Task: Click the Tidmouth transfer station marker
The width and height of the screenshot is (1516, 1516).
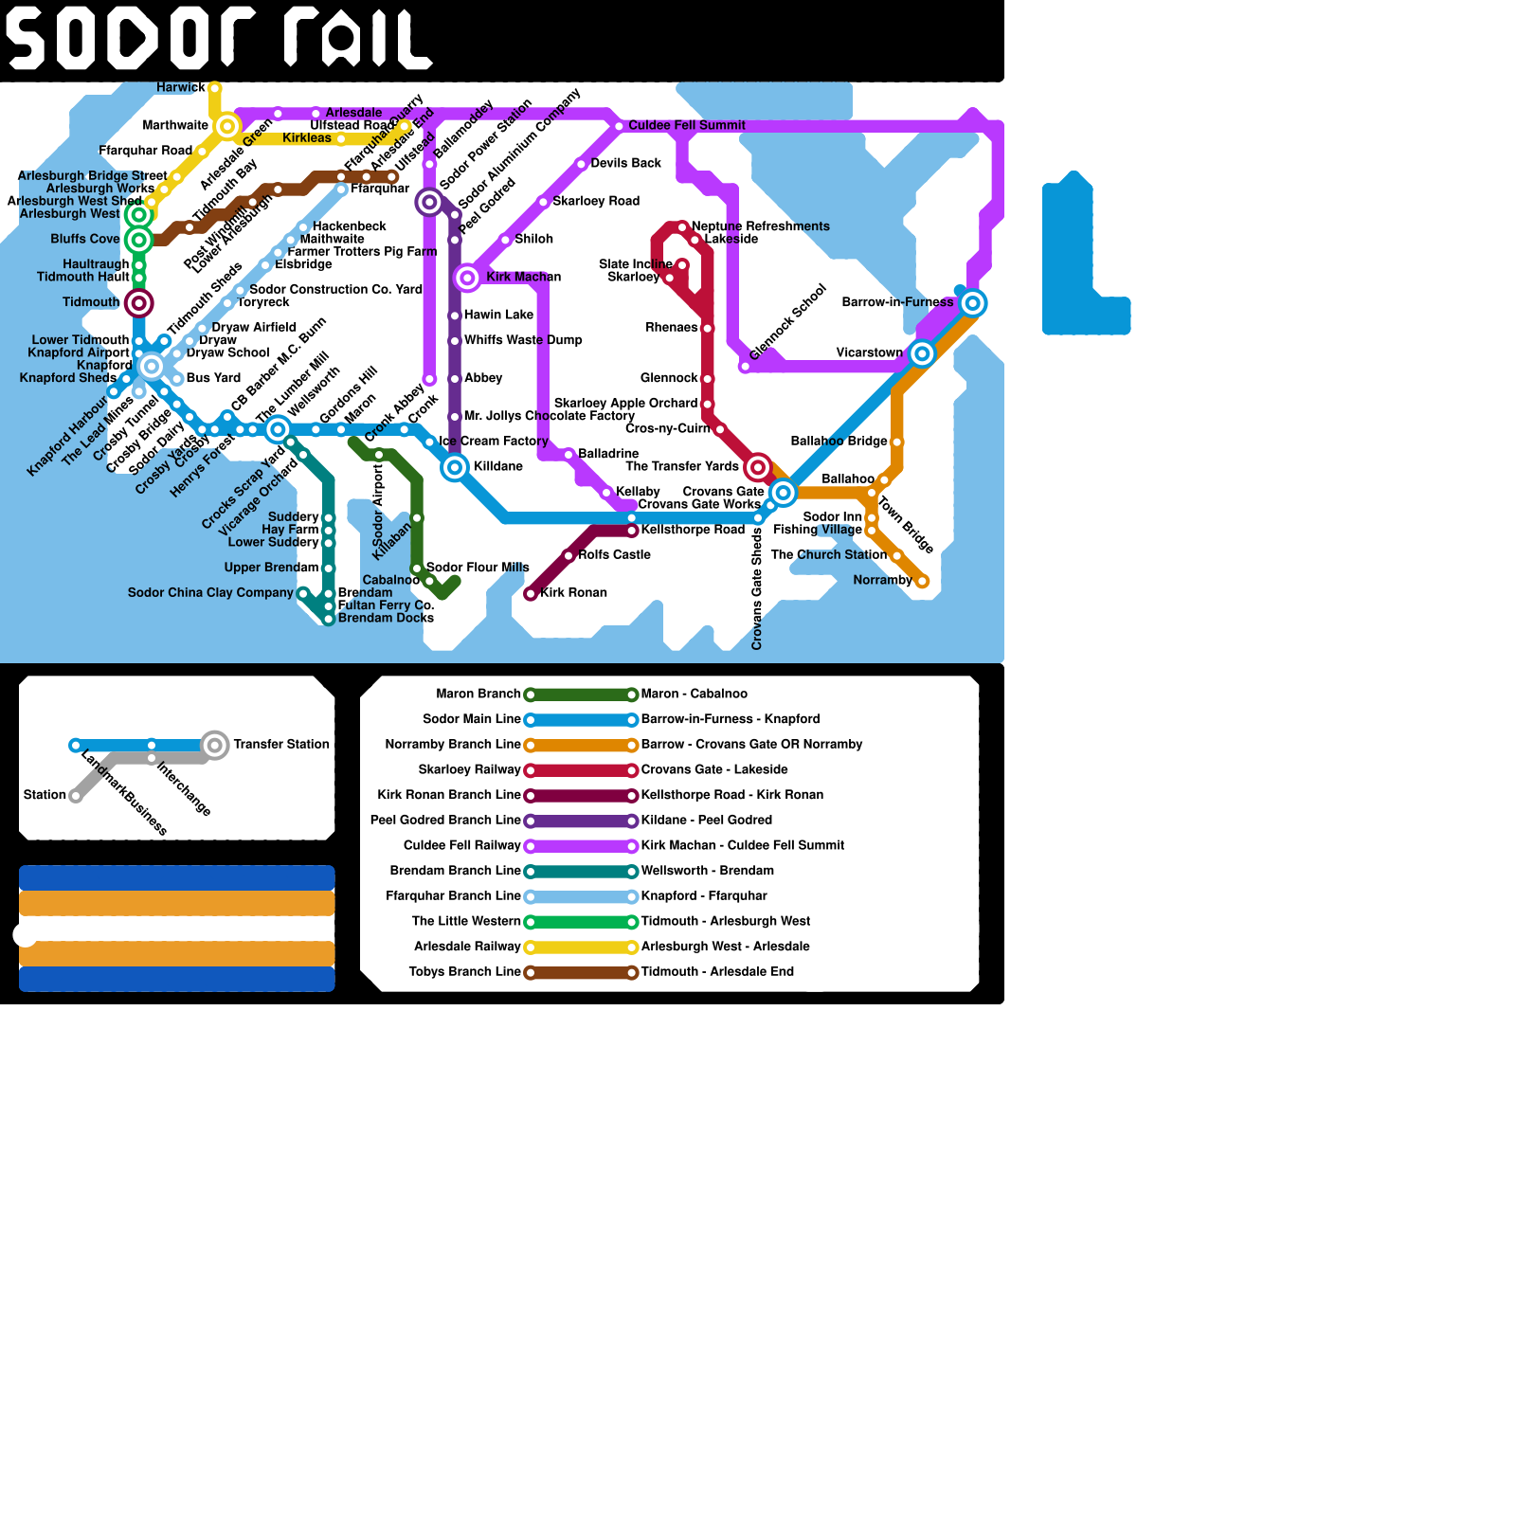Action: [139, 303]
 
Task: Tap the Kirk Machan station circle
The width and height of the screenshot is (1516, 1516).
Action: [467, 278]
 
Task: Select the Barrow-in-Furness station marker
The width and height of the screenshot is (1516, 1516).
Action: [972, 303]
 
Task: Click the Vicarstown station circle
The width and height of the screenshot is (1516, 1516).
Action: [922, 353]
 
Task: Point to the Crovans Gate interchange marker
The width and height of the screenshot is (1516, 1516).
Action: [783, 493]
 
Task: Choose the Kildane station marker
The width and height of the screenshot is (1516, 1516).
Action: [455, 467]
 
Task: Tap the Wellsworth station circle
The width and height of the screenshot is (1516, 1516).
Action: [278, 429]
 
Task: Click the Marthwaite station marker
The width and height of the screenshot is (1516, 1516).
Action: [227, 126]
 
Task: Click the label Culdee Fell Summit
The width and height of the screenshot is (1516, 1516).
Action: [687, 125]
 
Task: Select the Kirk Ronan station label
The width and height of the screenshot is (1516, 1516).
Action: [573, 593]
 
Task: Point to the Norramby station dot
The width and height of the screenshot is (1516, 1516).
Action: [922, 581]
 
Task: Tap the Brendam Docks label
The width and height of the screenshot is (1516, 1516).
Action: [386, 618]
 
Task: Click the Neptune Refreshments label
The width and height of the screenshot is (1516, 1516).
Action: [760, 226]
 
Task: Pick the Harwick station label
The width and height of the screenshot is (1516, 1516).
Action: [181, 87]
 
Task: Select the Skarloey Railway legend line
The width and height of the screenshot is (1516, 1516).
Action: [581, 770]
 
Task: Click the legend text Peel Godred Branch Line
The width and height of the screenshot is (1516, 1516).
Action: [445, 821]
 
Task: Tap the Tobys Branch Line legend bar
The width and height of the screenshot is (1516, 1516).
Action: [581, 972]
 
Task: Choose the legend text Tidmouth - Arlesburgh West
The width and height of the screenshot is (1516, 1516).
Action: [725, 921]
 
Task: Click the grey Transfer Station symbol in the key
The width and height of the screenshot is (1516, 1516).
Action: [215, 745]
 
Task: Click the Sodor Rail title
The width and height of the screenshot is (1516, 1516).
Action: [218, 40]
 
